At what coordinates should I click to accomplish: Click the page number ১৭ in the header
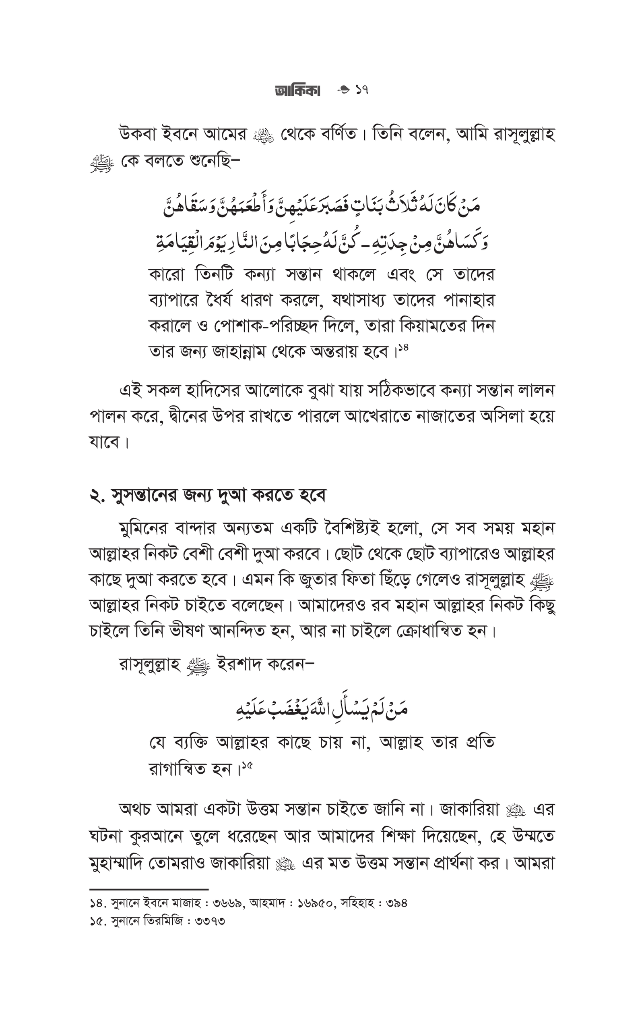point(361,90)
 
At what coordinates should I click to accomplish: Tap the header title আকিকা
point(297,91)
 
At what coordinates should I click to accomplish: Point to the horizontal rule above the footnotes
point(149,889)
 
